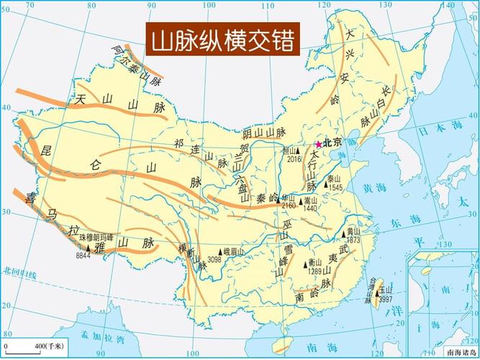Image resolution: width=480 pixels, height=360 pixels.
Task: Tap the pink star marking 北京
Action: point(319,144)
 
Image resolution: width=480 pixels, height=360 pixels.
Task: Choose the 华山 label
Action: point(288,196)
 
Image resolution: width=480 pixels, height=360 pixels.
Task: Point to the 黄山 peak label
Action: point(353,231)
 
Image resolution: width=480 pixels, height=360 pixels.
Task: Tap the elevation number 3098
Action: point(214,258)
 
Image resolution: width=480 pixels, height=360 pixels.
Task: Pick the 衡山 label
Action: point(314,264)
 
